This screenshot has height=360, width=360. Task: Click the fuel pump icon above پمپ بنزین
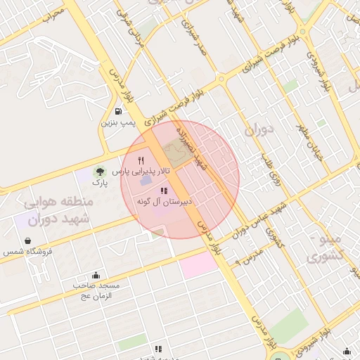tap(118, 111)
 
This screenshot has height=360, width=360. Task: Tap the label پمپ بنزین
tap(118, 123)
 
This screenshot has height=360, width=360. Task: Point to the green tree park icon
tap(99, 171)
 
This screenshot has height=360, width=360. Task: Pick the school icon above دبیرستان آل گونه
tap(163, 191)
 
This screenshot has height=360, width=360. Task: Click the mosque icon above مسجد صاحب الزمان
tap(96, 275)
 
